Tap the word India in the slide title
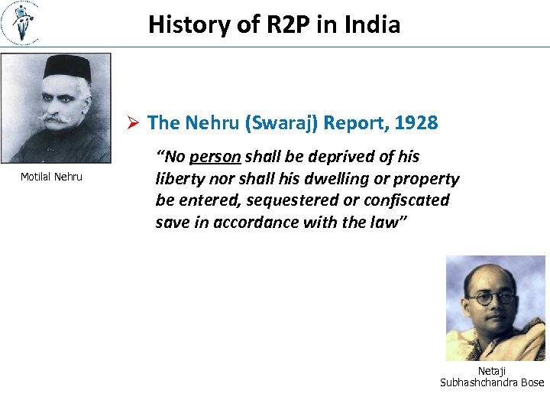[372, 24]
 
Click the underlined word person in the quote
[215, 158]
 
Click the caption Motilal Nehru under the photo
[51, 177]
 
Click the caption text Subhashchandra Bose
[492, 382]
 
